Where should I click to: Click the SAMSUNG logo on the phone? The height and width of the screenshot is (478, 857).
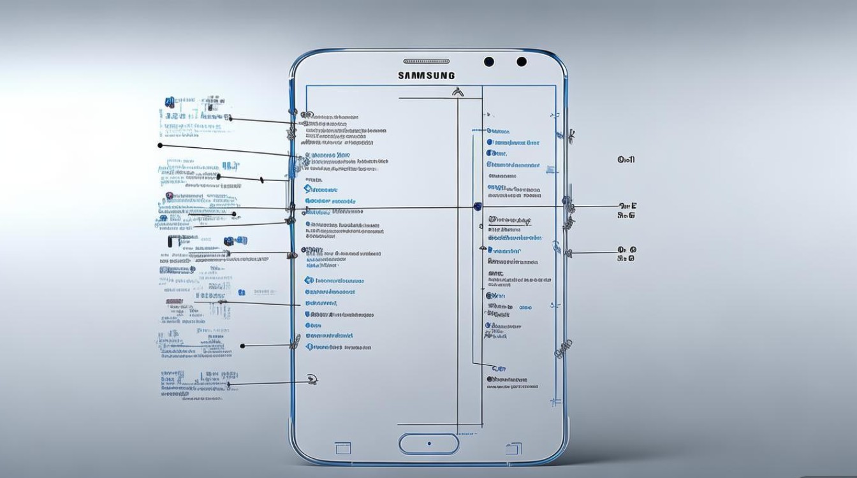point(427,75)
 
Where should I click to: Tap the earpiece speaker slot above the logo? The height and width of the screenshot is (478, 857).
point(427,61)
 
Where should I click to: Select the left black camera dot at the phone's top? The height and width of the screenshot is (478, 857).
point(489,62)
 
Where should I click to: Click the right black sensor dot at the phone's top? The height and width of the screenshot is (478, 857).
point(522,62)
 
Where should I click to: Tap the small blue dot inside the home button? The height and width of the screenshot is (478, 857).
point(429,444)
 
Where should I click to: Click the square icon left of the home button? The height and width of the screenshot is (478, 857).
point(343,448)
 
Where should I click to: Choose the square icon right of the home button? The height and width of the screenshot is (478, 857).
point(513,448)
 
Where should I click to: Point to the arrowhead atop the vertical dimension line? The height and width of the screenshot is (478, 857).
point(457,92)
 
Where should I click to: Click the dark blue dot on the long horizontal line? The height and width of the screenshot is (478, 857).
point(477,206)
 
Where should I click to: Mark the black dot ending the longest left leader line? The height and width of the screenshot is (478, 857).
point(160,145)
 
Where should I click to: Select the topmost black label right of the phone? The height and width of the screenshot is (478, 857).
point(626,160)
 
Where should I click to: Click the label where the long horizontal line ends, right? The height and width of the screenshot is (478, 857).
point(627,206)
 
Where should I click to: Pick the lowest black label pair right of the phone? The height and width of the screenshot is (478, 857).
point(627,254)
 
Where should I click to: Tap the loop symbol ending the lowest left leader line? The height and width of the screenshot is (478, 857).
point(311,380)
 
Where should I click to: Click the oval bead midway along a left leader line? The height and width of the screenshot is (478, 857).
point(218,177)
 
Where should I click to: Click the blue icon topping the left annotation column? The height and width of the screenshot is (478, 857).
point(169,101)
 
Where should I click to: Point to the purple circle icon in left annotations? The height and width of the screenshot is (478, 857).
point(169,196)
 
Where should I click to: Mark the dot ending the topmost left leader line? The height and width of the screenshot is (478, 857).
point(230,118)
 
